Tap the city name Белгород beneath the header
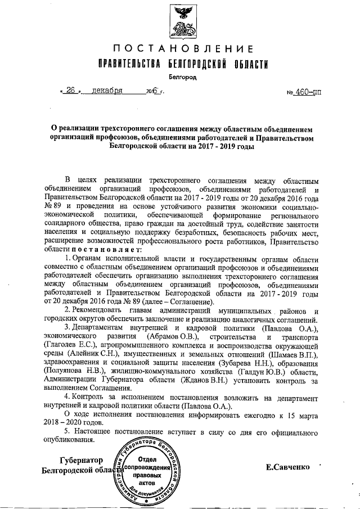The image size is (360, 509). pos(179,76)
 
